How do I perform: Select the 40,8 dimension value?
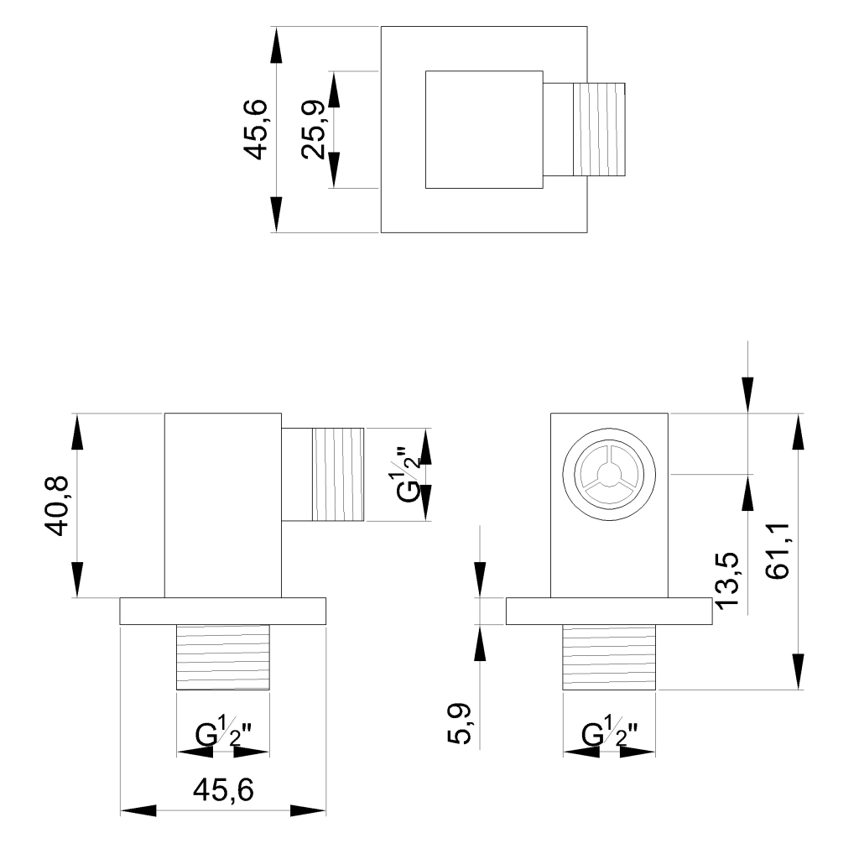click(x=63, y=506)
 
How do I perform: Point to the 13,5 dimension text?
click(x=726, y=579)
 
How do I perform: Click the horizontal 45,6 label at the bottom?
click(x=222, y=789)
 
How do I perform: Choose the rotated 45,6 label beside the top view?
click(x=255, y=129)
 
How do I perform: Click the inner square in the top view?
click(x=484, y=129)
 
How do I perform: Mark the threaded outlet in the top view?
click(x=598, y=129)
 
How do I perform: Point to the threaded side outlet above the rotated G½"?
click(x=338, y=475)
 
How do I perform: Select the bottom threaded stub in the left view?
click(x=222, y=657)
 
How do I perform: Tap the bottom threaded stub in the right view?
click(x=609, y=657)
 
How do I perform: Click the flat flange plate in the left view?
click(x=222, y=611)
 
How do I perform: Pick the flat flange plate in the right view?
click(x=609, y=611)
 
